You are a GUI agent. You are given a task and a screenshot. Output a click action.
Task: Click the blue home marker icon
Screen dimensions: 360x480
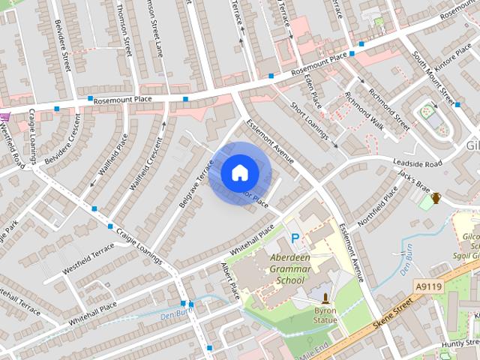point(238,172)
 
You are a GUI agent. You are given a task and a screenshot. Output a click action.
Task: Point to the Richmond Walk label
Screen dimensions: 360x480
point(364,112)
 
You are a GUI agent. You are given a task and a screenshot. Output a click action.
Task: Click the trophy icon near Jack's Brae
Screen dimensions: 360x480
point(436,198)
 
